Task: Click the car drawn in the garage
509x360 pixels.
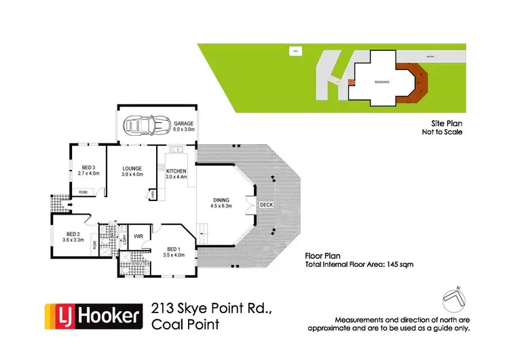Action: click(x=144, y=125)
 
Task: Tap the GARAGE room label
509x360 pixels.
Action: click(x=183, y=124)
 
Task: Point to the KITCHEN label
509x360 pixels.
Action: click(x=175, y=171)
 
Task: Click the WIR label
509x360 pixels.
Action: click(x=138, y=237)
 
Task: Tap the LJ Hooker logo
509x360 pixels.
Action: click(x=92, y=316)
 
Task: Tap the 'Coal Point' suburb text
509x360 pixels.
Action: click(x=185, y=324)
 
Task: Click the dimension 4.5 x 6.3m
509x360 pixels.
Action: click(x=222, y=206)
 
